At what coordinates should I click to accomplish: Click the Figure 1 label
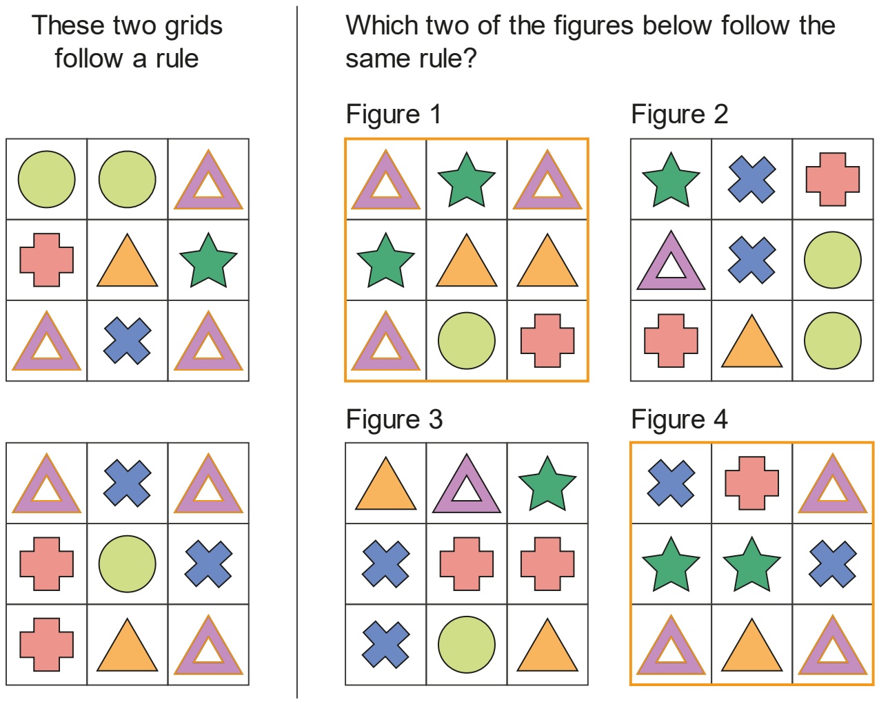[394, 114]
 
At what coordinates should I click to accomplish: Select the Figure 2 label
[679, 114]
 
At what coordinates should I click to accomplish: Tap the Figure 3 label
[394, 420]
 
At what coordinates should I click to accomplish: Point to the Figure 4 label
[679, 420]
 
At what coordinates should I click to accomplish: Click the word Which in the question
[383, 25]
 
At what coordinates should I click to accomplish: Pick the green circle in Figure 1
[467, 341]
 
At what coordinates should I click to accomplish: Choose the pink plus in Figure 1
[547, 341]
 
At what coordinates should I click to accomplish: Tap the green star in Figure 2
[671, 180]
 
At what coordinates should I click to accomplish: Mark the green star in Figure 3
[547, 484]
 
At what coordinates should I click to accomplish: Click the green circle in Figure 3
[467, 645]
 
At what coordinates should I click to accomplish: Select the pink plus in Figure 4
[751, 483]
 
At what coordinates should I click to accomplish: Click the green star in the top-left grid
[208, 260]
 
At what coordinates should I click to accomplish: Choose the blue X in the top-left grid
[127, 341]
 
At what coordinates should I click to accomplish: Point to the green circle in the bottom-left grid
[127, 564]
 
